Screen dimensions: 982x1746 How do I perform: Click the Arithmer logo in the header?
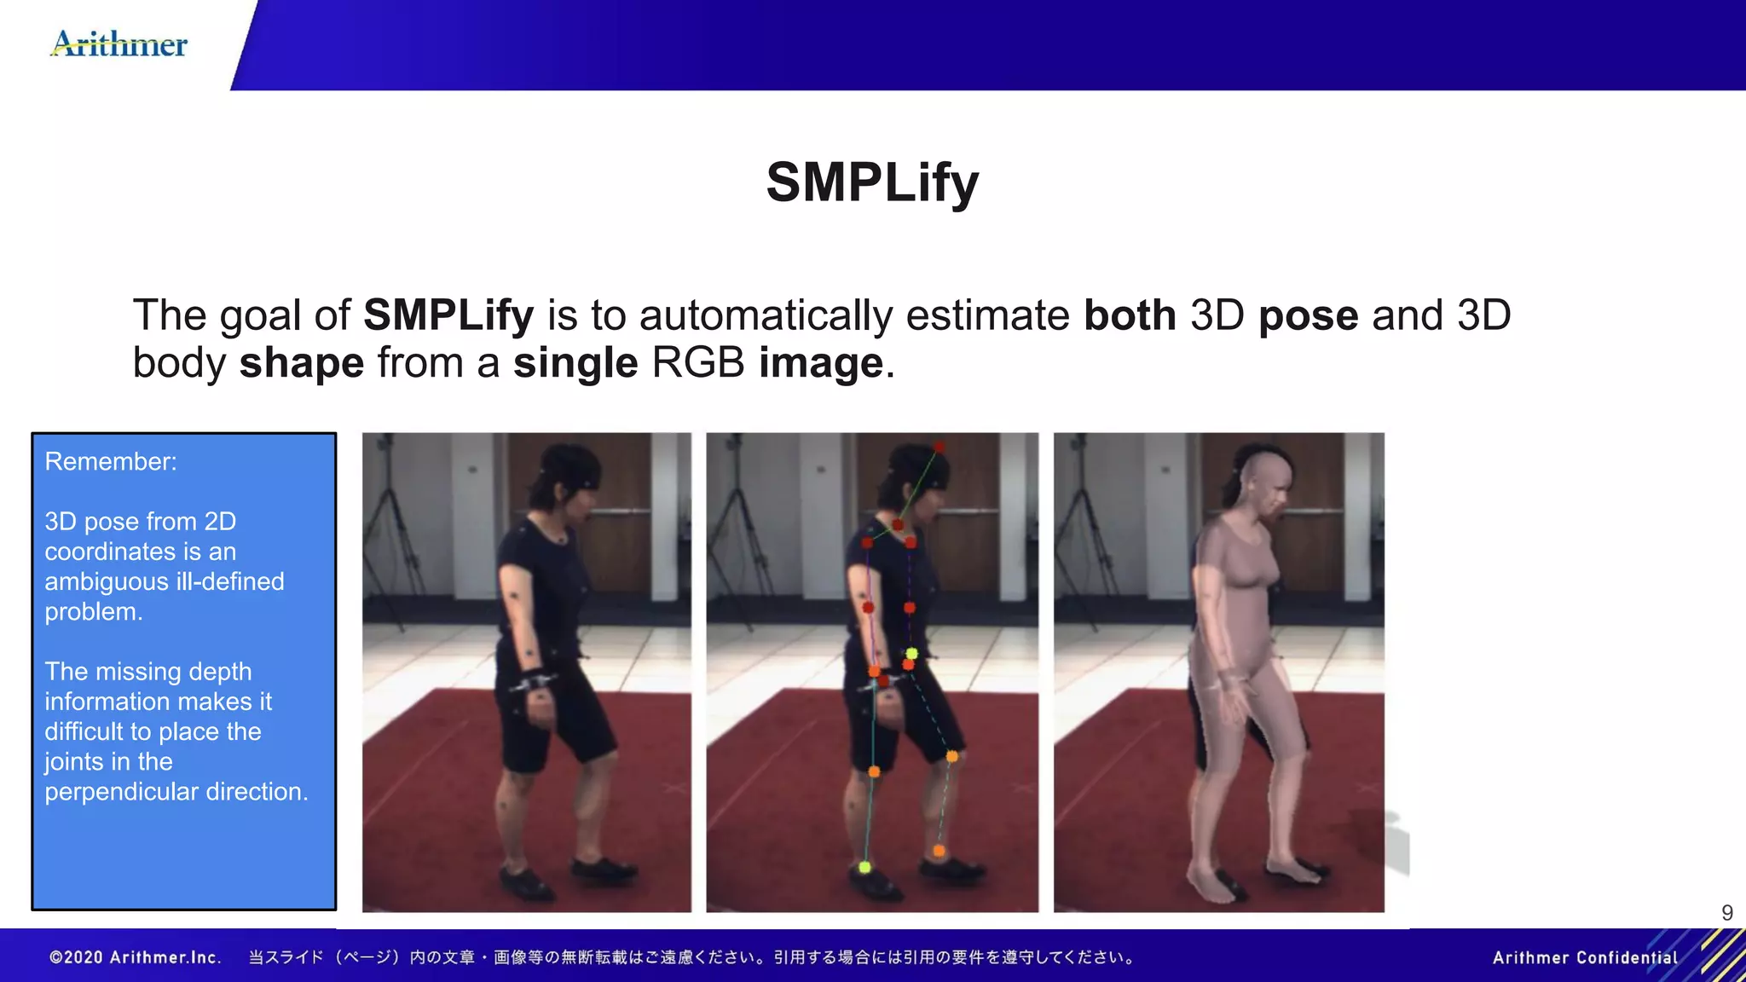coord(119,43)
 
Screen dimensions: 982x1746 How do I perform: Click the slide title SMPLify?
coord(872,182)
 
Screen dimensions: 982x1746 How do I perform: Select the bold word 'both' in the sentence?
coord(1130,315)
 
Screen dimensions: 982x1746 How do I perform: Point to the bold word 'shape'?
coord(302,364)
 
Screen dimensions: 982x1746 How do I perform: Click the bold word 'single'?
coord(575,364)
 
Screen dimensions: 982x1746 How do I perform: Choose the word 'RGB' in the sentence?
coord(698,363)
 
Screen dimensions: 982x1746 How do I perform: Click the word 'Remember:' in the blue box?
coord(111,461)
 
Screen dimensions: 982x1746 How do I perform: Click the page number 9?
coord(1726,913)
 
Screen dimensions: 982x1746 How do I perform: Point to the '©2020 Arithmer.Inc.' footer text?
coord(136,957)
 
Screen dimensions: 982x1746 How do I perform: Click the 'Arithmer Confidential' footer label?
coord(1585,957)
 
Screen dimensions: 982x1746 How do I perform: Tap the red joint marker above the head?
coord(939,447)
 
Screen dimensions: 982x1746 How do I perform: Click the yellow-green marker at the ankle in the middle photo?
coord(864,867)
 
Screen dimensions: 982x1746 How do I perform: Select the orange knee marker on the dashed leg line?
coord(951,756)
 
